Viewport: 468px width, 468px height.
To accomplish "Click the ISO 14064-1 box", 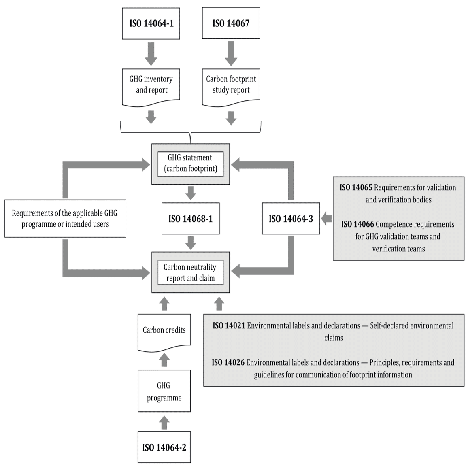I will [x=151, y=23].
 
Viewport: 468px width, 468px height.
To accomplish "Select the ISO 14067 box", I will [x=231, y=23].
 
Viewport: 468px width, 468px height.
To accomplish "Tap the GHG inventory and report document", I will [x=151, y=85].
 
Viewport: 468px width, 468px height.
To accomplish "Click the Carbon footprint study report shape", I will [x=231, y=85].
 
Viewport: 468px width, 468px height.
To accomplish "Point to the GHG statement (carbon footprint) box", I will [x=190, y=164].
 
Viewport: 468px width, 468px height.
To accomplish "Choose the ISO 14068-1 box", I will [x=190, y=219].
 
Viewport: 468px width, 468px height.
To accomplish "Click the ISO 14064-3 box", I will [x=291, y=219].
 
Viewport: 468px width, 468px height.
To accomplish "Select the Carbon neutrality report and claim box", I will [x=190, y=272].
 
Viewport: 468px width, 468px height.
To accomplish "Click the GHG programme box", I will [x=164, y=391].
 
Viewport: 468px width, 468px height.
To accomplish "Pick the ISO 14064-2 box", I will [x=164, y=447].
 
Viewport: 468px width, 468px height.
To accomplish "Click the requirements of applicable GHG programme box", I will [x=65, y=219].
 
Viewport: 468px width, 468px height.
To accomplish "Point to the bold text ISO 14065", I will [x=356, y=187].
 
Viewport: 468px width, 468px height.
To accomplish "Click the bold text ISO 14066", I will [x=357, y=224].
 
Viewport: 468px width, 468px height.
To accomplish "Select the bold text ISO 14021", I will [x=229, y=325].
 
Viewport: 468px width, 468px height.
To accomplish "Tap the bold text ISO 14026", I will [x=228, y=362].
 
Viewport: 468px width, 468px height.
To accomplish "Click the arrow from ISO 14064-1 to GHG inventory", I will [x=151, y=53].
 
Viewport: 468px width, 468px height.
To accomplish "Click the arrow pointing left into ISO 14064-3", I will [x=326, y=219].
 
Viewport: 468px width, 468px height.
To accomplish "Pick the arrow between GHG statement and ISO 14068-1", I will [x=190, y=193].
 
